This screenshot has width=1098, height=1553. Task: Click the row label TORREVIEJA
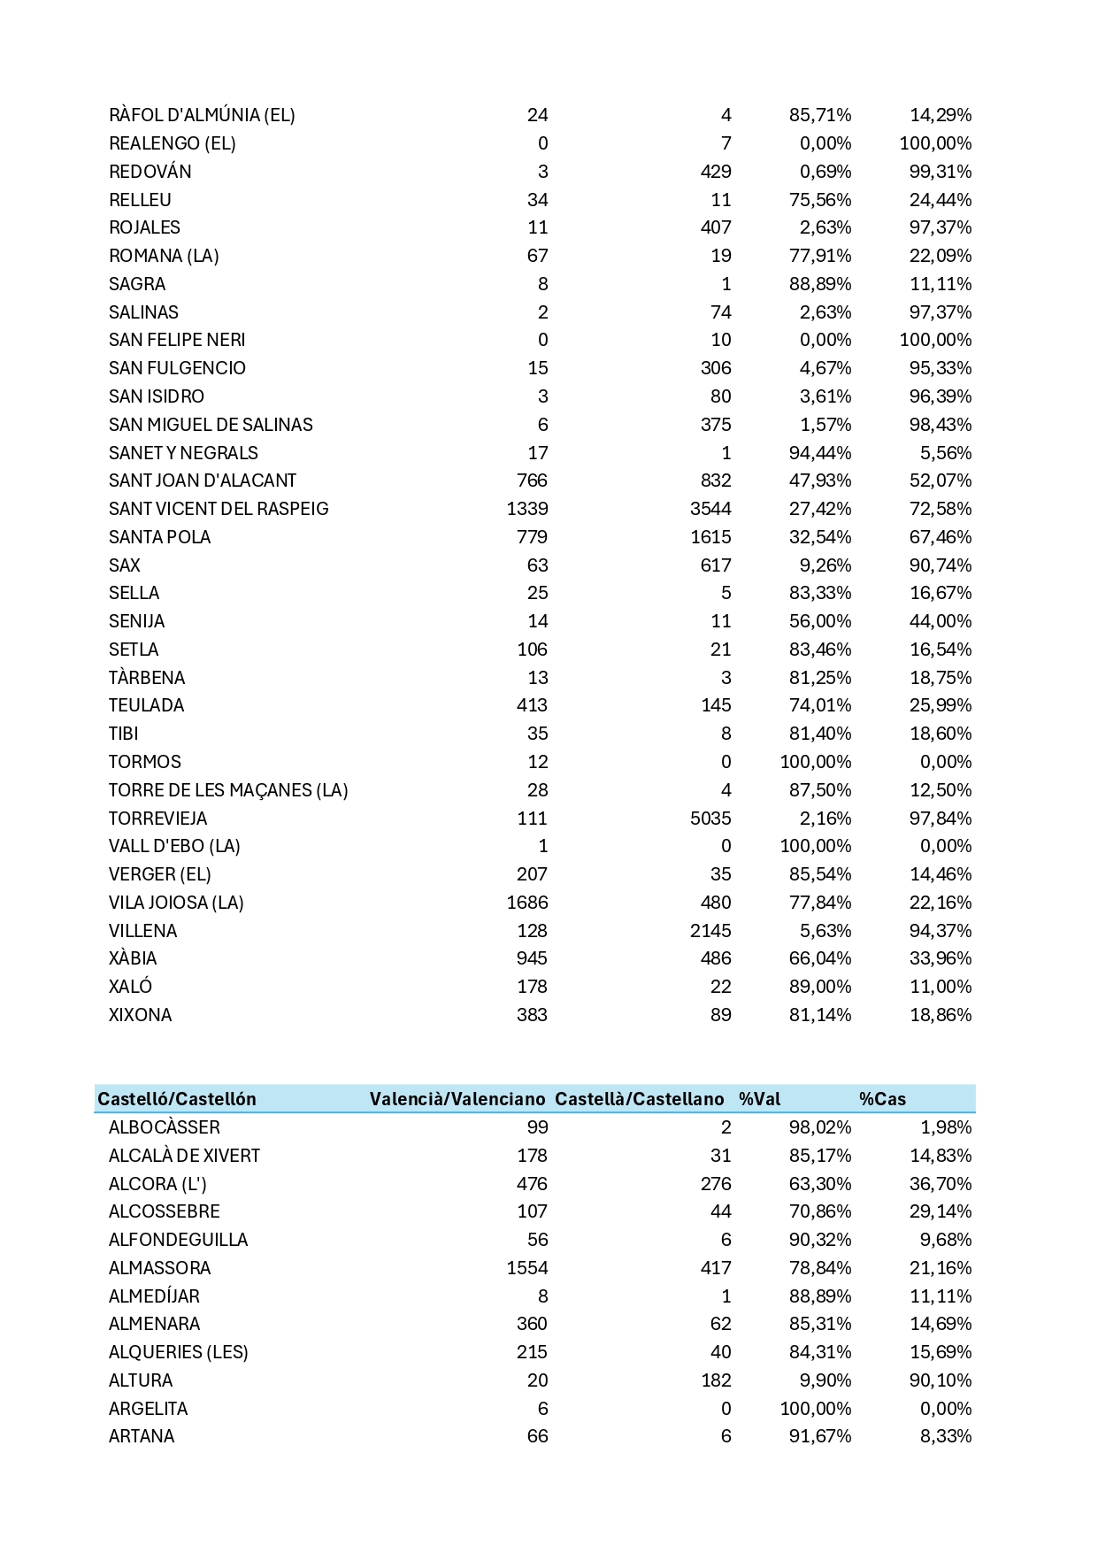click(157, 819)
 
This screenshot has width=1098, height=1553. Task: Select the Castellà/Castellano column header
click(639, 1099)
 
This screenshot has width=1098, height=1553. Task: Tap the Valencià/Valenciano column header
click(457, 1099)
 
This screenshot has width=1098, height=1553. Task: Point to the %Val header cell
click(760, 1099)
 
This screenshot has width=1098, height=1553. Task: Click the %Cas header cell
click(882, 1099)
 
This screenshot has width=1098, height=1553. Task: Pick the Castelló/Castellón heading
click(177, 1099)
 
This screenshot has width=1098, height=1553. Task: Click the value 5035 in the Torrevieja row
click(710, 819)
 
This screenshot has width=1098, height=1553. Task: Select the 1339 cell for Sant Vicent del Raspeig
click(527, 509)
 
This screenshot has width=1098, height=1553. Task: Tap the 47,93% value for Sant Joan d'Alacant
click(820, 481)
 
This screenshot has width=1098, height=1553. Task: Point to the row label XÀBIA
click(133, 958)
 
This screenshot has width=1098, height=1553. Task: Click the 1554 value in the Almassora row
click(527, 1268)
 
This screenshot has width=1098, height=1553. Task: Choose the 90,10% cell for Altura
click(941, 1380)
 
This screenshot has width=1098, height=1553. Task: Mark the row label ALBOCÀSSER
click(165, 1127)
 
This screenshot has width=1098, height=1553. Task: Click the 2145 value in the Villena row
click(710, 931)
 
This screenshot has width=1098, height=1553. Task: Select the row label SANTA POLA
click(159, 537)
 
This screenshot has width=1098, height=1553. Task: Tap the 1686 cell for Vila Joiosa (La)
click(527, 903)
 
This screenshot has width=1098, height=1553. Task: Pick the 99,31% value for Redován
click(941, 172)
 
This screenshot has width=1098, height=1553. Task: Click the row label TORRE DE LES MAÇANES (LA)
click(228, 790)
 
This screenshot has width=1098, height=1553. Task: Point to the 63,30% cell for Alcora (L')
click(820, 1184)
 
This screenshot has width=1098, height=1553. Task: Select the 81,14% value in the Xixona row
click(820, 1015)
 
